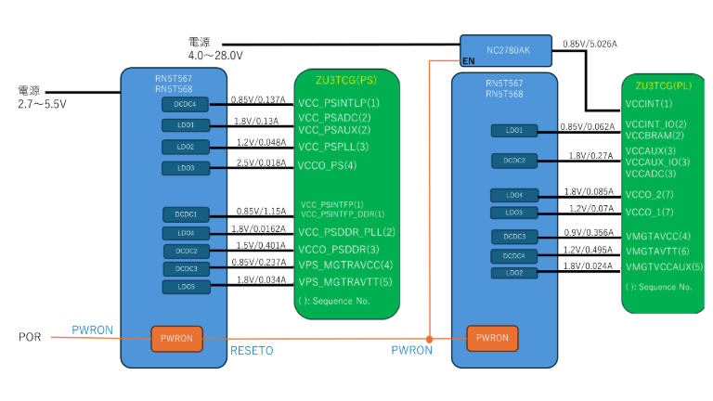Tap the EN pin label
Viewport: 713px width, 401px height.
point(469,60)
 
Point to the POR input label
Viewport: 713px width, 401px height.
point(30,336)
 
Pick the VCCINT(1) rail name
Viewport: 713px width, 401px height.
point(649,104)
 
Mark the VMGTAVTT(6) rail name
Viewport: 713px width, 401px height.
point(657,252)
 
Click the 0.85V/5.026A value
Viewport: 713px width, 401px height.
point(591,44)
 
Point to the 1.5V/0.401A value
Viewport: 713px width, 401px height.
point(259,246)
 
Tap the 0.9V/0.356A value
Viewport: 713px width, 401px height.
point(588,233)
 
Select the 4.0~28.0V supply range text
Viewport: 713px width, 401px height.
point(215,56)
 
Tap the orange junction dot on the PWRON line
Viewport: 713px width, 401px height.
point(430,337)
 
